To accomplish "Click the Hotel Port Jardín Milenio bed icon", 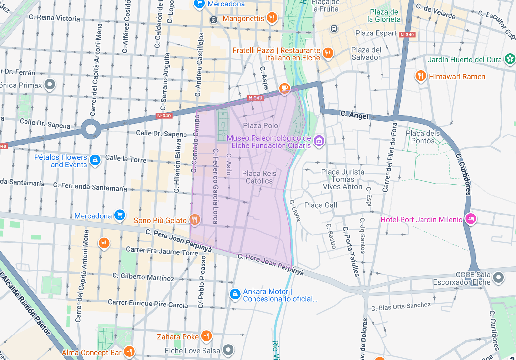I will tap(471, 219).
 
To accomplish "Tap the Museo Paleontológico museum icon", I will tap(319, 141).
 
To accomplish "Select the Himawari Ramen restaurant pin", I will tap(421, 76).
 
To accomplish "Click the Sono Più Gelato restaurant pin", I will tap(194, 220).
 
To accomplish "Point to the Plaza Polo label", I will tap(261, 125).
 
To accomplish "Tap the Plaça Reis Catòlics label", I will tap(259, 177).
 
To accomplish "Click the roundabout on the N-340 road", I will tap(91, 129).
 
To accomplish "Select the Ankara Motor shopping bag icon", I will tap(235, 294).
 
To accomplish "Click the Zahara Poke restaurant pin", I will tap(206, 336).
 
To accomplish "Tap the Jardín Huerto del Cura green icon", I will tap(510, 59).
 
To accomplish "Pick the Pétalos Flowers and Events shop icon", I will tap(95, 160).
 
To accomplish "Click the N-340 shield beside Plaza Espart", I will tap(407, 35).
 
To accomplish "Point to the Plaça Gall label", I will tap(321, 205).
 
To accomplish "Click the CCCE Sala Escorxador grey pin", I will tap(498, 277).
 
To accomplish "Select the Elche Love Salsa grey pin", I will tap(228, 349).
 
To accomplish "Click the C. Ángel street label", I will tap(354, 115).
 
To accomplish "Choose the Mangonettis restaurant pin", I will tap(272, 17).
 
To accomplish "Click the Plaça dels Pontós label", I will tap(423, 137).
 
